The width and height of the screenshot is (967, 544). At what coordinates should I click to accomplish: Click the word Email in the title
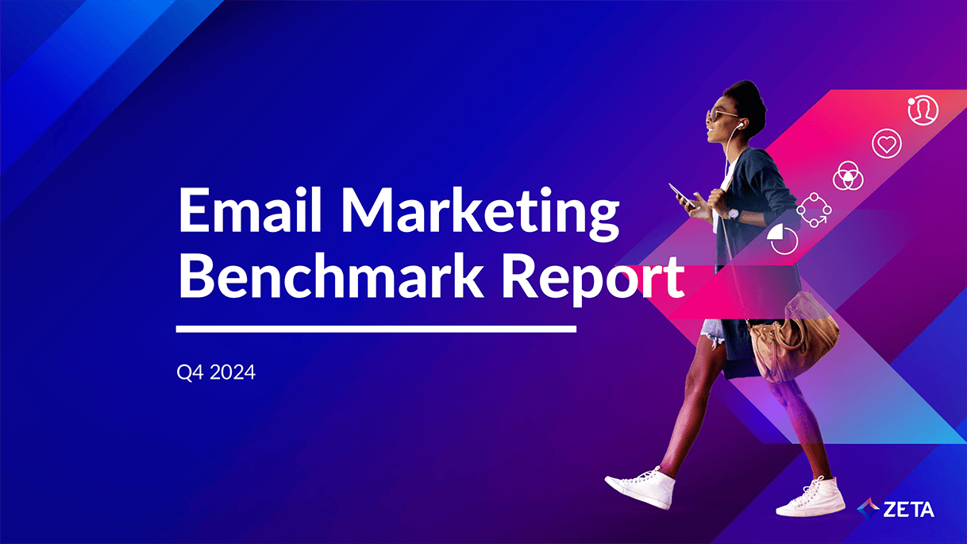click(250, 210)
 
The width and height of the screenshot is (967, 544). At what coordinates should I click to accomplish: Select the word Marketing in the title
click(481, 214)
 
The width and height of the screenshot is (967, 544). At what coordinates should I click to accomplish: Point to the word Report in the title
click(593, 280)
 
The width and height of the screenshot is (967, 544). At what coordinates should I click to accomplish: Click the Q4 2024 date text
click(216, 372)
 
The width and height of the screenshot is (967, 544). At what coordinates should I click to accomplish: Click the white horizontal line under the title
click(376, 330)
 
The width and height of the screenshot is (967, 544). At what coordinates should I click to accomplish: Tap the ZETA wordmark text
click(908, 510)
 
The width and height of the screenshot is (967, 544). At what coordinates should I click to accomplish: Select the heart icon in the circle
click(887, 144)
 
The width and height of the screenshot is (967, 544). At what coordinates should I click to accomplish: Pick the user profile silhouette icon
click(923, 110)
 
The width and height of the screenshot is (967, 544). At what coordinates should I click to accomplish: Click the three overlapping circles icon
click(848, 176)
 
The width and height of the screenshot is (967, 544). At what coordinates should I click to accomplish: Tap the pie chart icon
click(783, 239)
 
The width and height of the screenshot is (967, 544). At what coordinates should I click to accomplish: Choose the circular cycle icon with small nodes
click(815, 210)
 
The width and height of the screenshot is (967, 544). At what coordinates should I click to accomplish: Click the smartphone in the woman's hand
click(681, 195)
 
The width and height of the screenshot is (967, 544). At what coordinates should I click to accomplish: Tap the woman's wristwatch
click(734, 214)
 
